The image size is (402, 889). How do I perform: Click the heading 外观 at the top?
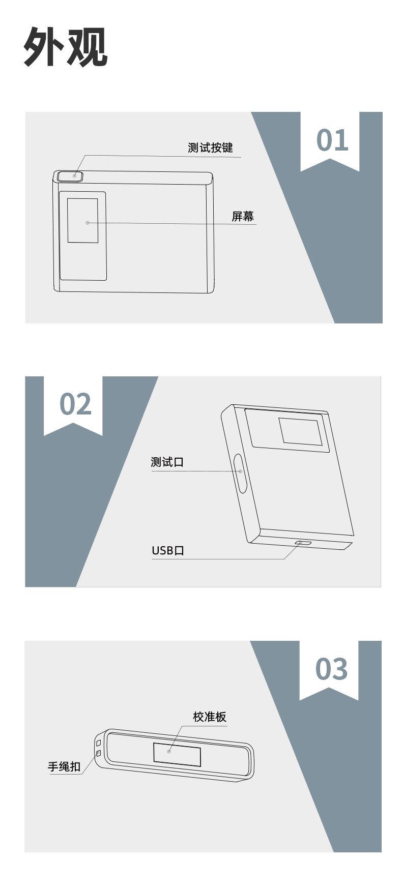66,47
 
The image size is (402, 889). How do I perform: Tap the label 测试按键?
210,147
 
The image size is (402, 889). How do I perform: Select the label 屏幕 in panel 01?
243,216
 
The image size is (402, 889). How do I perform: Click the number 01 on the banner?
332,140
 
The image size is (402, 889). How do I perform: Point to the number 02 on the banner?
75,404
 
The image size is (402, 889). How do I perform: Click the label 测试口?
167,462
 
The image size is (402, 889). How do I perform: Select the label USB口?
168,550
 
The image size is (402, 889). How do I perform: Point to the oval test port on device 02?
241,473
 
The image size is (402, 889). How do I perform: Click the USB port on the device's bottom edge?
303,543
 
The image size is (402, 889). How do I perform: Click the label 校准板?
210,717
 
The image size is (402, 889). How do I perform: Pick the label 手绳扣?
64,766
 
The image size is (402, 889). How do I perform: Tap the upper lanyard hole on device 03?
98,744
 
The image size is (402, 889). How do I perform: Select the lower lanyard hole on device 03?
99,753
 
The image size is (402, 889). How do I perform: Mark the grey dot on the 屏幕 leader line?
88,222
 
